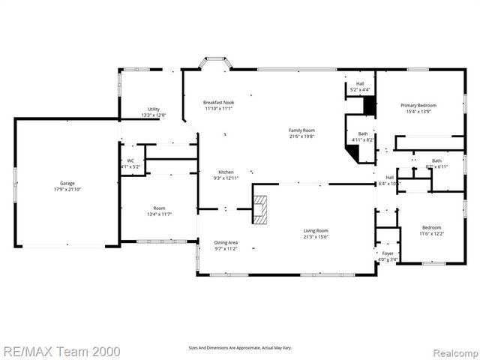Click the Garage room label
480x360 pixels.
(x=67, y=182)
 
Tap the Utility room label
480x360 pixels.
(x=153, y=109)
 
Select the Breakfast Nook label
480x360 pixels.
(x=219, y=102)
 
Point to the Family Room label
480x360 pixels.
(x=301, y=130)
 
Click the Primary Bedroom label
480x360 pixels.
(x=418, y=106)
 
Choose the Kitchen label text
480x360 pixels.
(x=226, y=172)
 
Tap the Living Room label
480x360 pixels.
(x=316, y=230)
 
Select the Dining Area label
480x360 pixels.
(x=226, y=242)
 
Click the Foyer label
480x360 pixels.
(x=387, y=253)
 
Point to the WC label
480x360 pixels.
(x=130, y=160)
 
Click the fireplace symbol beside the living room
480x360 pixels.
(x=259, y=209)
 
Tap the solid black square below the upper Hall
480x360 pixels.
(x=368, y=106)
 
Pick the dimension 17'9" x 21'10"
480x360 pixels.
(x=67, y=189)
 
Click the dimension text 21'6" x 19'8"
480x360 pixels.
(x=301, y=136)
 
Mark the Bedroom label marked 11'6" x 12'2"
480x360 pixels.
(x=430, y=227)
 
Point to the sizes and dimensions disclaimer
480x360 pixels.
(x=240, y=347)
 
